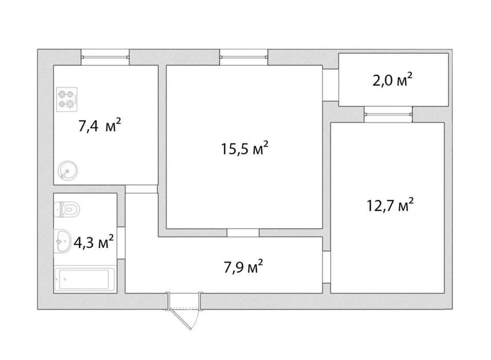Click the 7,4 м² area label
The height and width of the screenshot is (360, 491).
(x=99, y=125)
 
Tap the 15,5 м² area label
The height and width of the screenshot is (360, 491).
(x=244, y=148)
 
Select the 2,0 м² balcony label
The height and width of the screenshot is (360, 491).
(x=392, y=80)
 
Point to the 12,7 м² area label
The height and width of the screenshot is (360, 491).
(x=390, y=205)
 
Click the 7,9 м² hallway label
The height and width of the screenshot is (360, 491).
(x=243, y=267)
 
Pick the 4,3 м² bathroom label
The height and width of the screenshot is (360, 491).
(x=93, y=242)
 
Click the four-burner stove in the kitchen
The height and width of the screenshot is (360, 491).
(x=67, y=99)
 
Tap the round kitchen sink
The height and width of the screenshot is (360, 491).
(x=67, y=170)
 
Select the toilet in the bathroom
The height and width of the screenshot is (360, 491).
(x=67, y=209)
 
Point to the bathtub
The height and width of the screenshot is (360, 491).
(x=84, y=280)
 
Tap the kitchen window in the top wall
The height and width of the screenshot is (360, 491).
(x=105, y=57)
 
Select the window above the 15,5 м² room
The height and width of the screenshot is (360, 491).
(x=243, y=57)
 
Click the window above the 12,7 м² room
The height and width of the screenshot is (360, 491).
(x=388, y=114)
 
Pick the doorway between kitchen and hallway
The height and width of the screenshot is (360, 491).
(x=141, y=189)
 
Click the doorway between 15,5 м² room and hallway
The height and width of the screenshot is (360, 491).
(x=243, y=233)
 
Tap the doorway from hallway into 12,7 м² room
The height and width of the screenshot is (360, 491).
(x=327, y=267)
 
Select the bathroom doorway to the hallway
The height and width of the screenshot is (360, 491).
(x=121, y=243)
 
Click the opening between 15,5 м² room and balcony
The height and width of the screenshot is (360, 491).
(x=330, y=85)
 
